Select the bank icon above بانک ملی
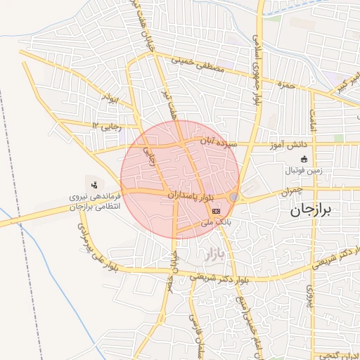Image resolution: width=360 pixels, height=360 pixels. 216,210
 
